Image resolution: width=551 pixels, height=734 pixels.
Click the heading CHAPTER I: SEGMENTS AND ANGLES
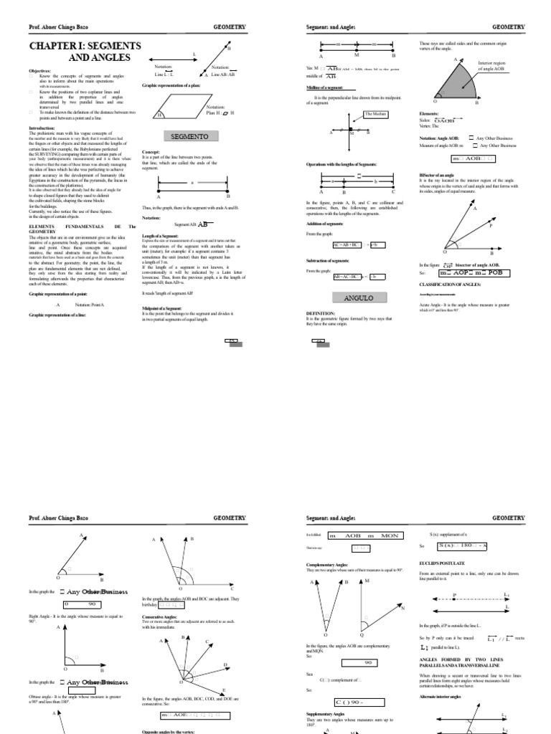tap(79, 51)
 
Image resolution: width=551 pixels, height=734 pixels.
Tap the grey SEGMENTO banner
tap(189, 136)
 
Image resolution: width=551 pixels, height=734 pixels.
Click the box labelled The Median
tap(375, 114)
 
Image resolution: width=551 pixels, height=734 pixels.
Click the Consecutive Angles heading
tap(161, 616)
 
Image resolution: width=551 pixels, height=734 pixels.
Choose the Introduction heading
tap(42, 128)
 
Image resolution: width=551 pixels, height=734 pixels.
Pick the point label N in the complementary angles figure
tap(403, 608)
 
